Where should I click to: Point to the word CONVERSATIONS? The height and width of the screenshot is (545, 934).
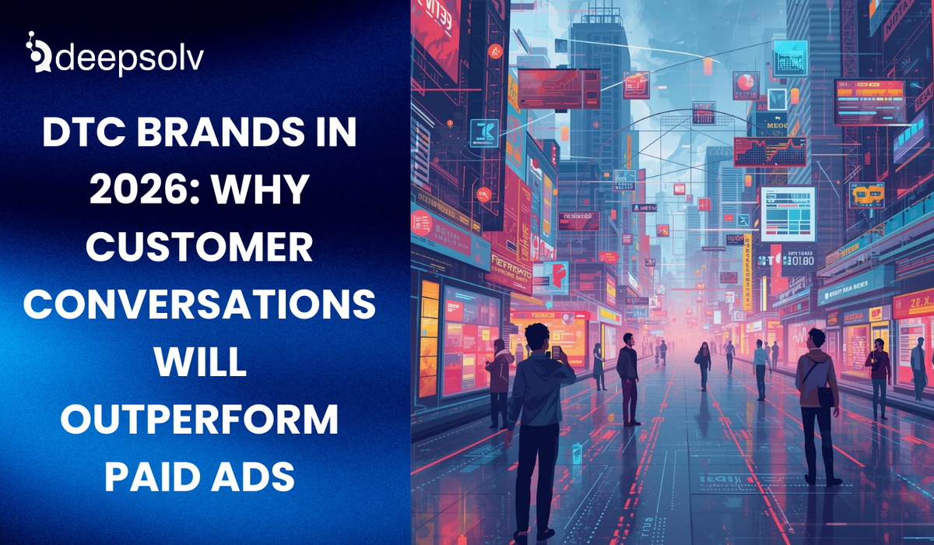pos(199,304)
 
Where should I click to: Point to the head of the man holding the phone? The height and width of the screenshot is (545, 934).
pos(535,337)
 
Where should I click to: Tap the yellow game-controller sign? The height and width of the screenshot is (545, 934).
pos(866,194)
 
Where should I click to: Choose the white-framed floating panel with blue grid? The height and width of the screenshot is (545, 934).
pos(788,213)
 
